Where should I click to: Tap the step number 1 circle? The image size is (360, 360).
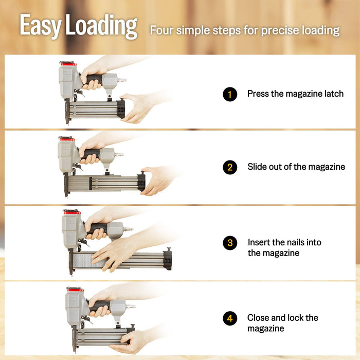[230, 94]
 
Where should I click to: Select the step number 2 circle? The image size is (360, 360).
[230, 167]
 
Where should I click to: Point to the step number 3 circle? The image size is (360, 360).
[230, 243]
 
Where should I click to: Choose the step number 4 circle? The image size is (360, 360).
[230, 318]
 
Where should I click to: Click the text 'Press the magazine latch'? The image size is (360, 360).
[295, 94]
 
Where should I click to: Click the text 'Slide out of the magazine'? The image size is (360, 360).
[296, 167]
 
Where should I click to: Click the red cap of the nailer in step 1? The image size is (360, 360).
[67, 64]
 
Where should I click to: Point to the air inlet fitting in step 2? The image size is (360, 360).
[119, 154]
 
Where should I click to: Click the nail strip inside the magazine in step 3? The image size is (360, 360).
[90, 261]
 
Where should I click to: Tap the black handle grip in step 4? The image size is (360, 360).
[100, 305]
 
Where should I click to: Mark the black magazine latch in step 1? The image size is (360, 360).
[121, 109]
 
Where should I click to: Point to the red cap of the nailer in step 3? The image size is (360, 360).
[71, 212]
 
